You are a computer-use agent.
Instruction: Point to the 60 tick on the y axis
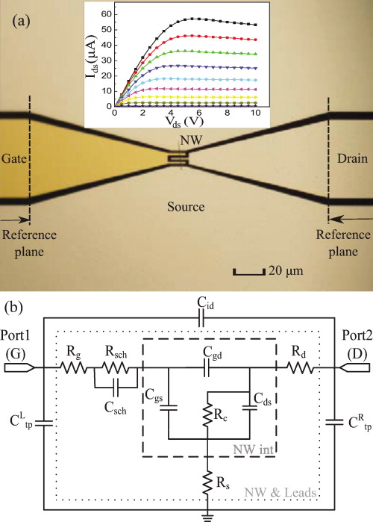click(108, 14)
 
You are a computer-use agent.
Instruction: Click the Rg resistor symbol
click(72, 367)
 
